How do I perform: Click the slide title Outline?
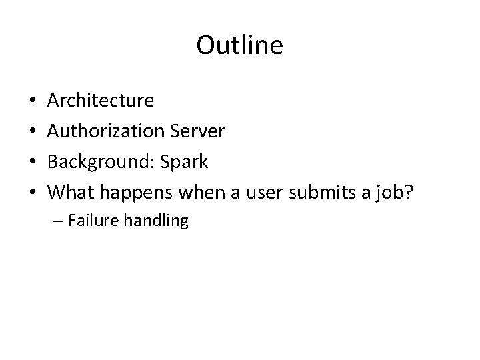240,46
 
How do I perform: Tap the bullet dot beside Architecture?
33,101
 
